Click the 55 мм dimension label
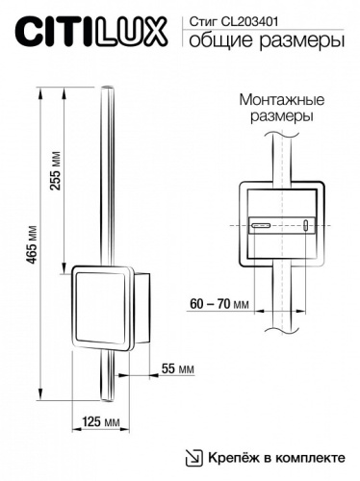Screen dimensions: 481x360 tap(176, 368)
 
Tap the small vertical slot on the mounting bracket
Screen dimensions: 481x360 tap(306, 227)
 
